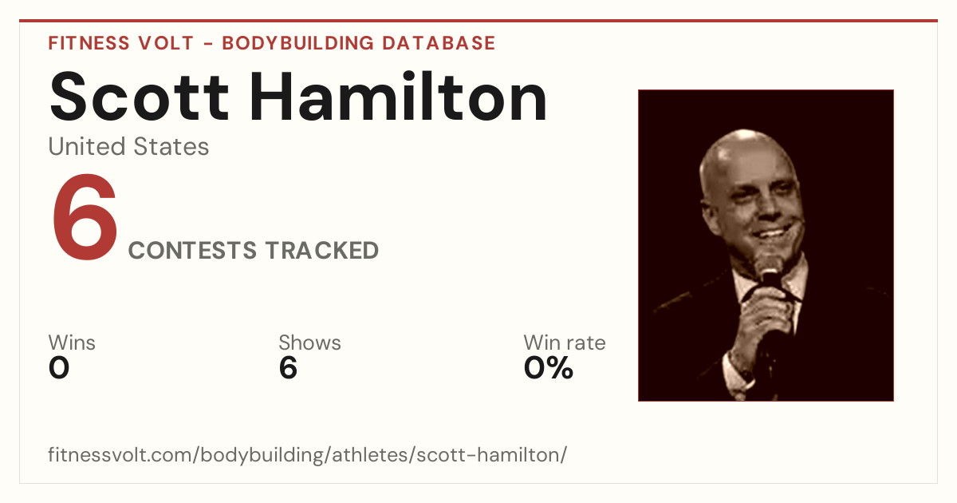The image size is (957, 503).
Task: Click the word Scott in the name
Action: (x=140, y=97)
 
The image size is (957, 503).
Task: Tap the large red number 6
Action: (x=85, y=217)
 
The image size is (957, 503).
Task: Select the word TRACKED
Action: (x=321, y=250)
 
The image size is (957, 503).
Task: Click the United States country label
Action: (x=128, y=146)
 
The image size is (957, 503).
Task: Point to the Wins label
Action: (x=72, y=343)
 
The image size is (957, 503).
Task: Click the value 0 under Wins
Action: (x=59, y=368)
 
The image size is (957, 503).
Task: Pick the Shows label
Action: (x=309, y=343)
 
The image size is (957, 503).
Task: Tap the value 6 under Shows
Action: (x=288, y=368)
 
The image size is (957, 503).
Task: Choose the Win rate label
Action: (x=565, y=343)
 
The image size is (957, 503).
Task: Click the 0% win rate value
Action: (x=549, y=368)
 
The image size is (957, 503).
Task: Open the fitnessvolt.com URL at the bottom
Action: (x=308, y=454)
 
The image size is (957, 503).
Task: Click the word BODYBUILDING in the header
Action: (x=298, y=43)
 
